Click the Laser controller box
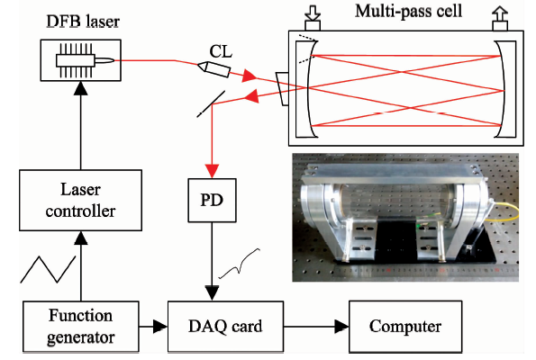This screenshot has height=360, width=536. [81, 200]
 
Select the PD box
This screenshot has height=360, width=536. [212, 200]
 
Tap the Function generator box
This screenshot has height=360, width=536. [81, 326]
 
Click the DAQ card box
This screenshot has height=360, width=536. [225, 326]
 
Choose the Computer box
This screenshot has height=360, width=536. [405, 326]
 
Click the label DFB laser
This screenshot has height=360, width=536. [83, 22]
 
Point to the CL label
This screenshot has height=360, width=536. [221, 52]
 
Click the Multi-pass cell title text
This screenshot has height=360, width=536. [408, 11]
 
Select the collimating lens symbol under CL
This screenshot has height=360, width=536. [214, 69]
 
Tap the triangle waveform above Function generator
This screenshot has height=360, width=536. [48, 269]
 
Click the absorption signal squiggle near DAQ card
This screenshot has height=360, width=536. [240, 264]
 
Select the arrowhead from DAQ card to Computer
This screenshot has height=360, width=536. [341, 327]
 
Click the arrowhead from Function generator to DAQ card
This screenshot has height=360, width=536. [160, 327]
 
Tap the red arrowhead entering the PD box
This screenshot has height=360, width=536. [212, 171]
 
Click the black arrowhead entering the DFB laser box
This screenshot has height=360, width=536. [81, 88]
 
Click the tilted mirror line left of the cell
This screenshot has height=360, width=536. [211, 103]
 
